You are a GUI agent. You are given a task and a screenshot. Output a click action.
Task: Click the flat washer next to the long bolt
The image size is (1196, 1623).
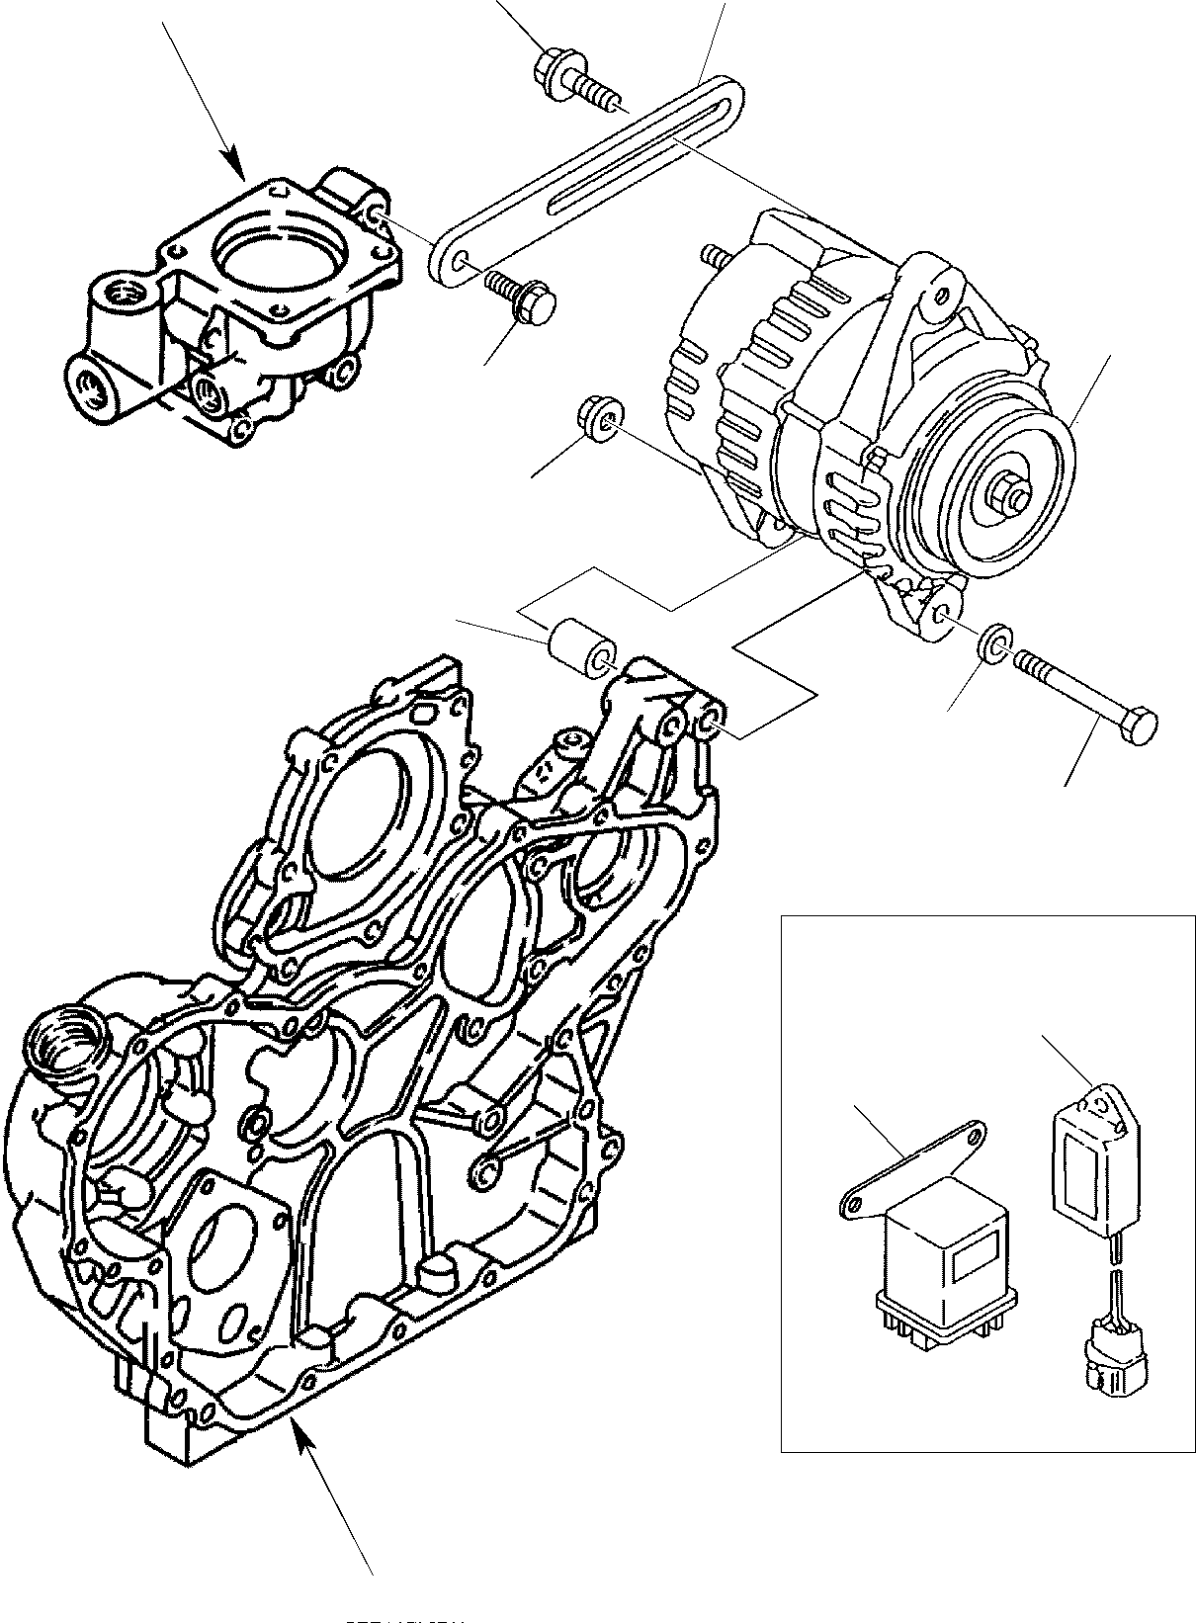click(992, 642)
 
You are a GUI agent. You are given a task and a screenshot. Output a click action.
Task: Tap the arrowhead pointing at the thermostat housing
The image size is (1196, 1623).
click(236, 167)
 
